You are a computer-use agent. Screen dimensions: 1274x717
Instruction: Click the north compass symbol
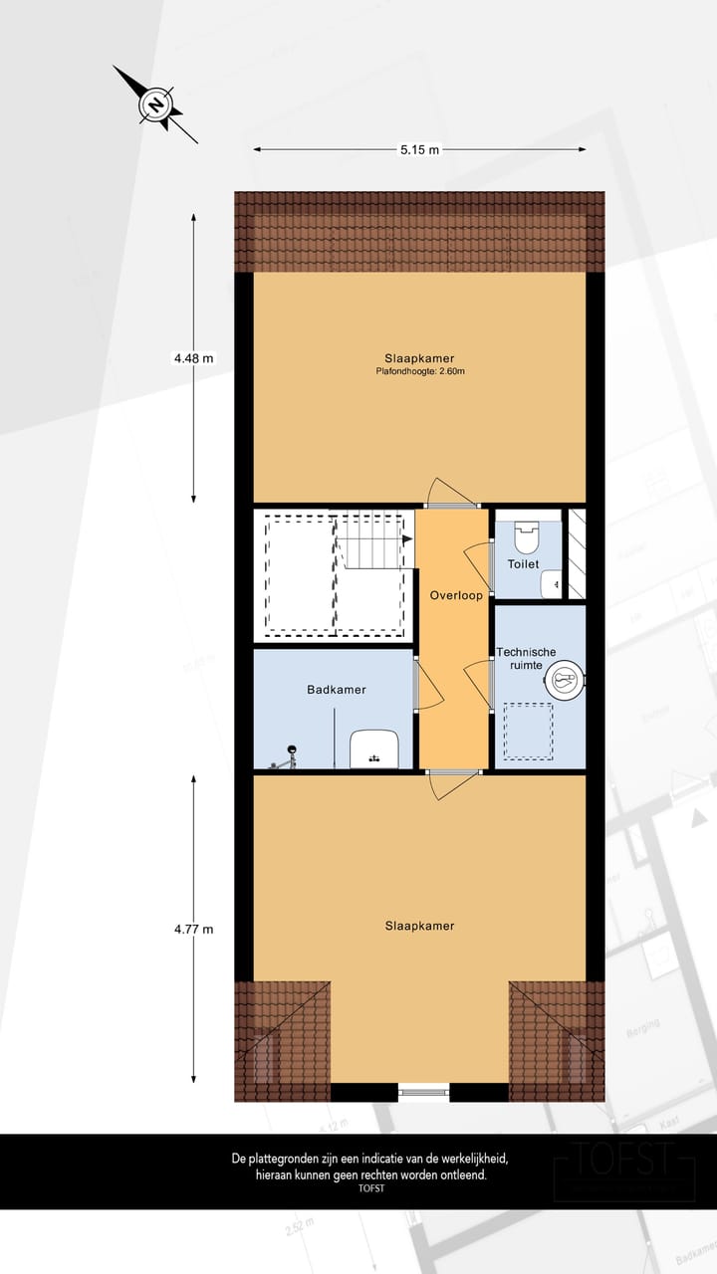click(x=155, y=105)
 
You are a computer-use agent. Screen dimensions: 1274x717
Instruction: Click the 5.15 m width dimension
click(x=419, y=150)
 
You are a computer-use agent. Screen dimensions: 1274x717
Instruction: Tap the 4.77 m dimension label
click(x=193, y=930)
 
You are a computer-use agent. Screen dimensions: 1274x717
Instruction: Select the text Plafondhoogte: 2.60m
click(x=419, y=371)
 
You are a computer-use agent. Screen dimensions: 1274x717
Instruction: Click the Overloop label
click(x=456, y=596)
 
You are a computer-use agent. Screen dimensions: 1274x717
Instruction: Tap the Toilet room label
click(x=523, y=564)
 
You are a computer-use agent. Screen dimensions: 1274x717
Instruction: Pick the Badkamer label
click(x=336, y=689)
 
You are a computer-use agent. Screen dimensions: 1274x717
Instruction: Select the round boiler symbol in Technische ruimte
click(x=564, y=682)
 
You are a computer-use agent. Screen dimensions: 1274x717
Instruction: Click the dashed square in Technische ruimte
click(x=528, y=732)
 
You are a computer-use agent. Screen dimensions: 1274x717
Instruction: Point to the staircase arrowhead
click(x=407, y=538)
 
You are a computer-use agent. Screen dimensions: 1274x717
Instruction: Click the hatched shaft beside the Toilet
click(x=576, y=554)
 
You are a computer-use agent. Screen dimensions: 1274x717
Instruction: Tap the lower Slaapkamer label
click(x=419, y=926)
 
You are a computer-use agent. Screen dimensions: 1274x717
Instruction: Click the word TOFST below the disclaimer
click(x=370, y=1187)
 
